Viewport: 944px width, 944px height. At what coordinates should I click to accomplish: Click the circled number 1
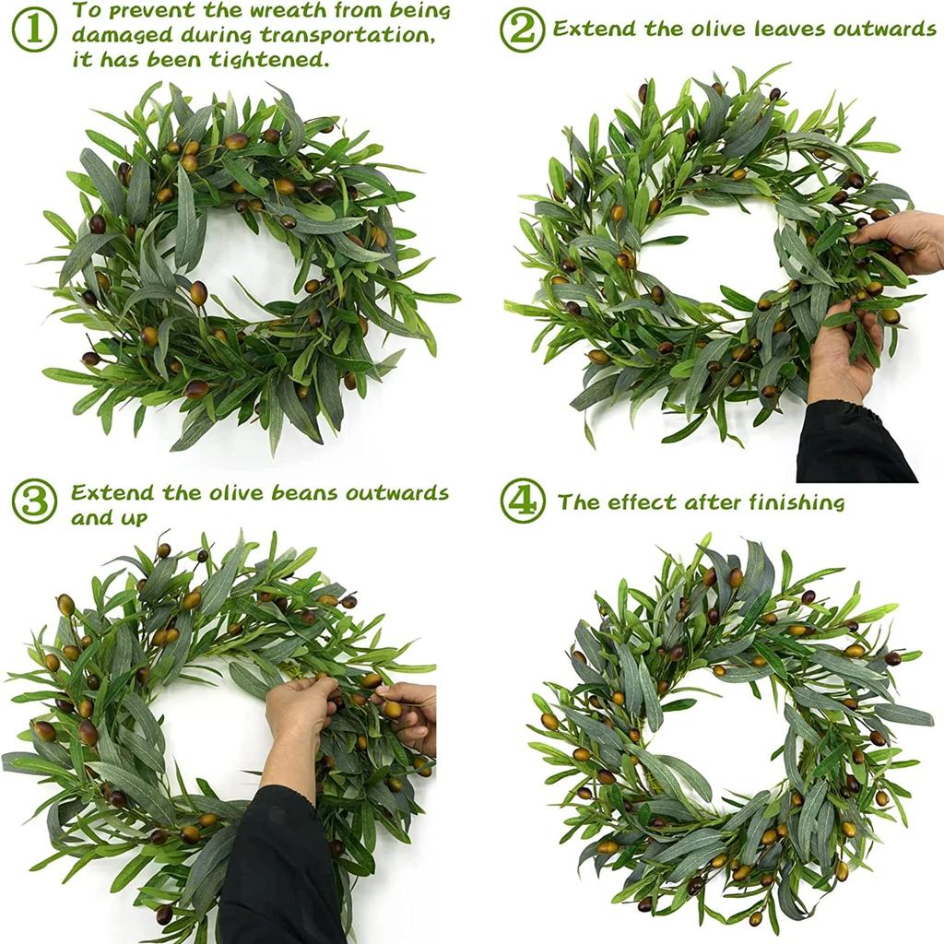click(34, 29)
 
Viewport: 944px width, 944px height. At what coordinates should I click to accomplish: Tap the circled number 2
click(522, 29)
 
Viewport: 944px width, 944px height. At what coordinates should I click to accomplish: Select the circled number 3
click(34, 501)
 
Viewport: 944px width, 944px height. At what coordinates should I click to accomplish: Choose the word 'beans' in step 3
click(312, 492)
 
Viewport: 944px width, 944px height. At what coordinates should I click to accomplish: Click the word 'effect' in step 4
click(645, 502)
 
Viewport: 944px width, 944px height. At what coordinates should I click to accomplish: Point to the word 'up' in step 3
click(136, 518)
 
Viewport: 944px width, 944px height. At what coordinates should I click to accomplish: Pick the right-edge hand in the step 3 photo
click(410, 714)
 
